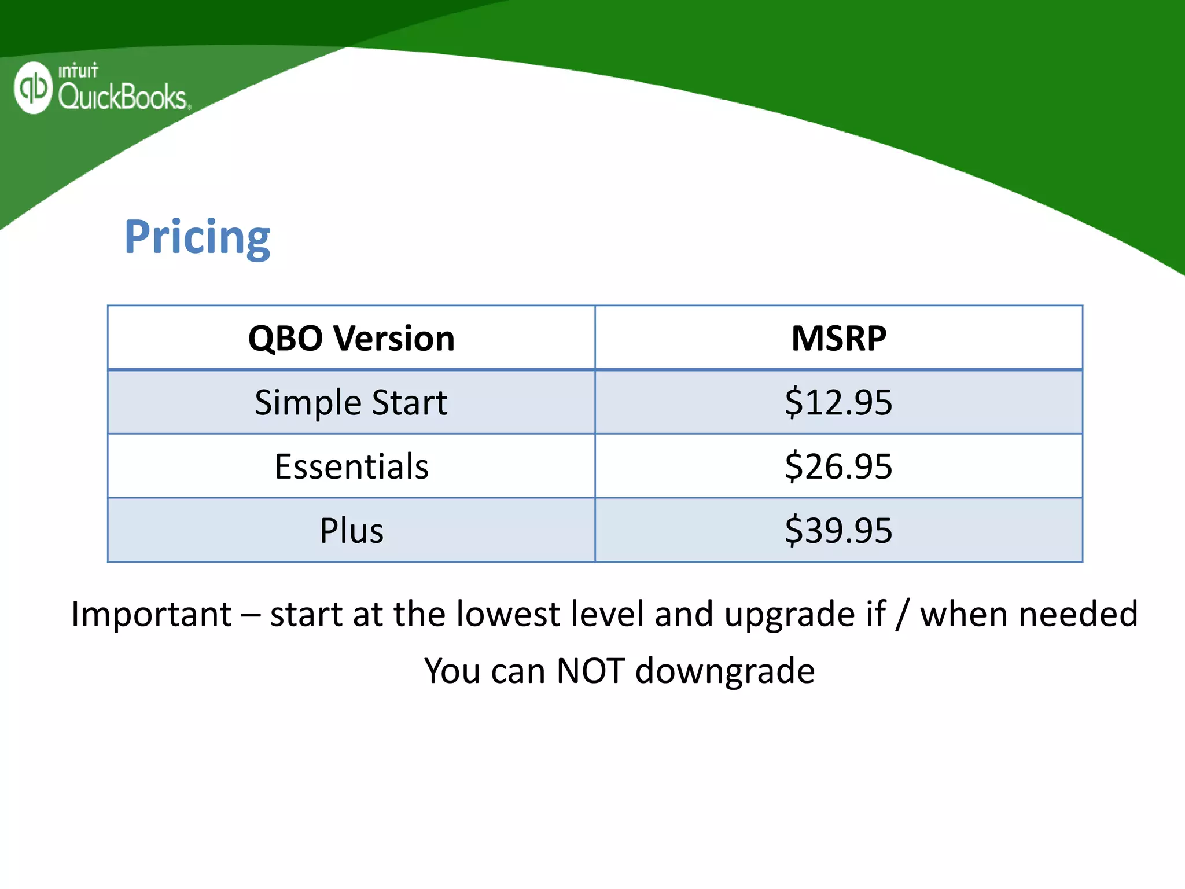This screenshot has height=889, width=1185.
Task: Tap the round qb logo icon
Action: [33, 87]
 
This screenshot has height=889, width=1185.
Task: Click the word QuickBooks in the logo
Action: [122, 96]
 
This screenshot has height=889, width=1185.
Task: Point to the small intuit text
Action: [78, 71]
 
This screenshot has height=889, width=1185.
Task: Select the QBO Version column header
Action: [351, 338]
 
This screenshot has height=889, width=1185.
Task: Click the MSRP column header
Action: [838, 338]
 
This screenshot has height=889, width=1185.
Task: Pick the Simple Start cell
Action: [351, 402]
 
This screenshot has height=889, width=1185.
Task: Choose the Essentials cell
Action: [351, 466]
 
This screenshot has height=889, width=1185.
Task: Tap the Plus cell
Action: [351, 530]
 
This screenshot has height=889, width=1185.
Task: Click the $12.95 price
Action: [838, 402]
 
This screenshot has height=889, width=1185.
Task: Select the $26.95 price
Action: [838, 466]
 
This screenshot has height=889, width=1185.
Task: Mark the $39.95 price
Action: [838, 530]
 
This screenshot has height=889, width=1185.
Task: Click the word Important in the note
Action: [152, 614]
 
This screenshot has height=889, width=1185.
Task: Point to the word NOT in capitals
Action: [590, 671]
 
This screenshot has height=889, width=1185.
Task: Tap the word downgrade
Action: [725, 671]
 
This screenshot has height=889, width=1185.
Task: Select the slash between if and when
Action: [901, 615]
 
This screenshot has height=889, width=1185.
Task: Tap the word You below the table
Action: [452, 671]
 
